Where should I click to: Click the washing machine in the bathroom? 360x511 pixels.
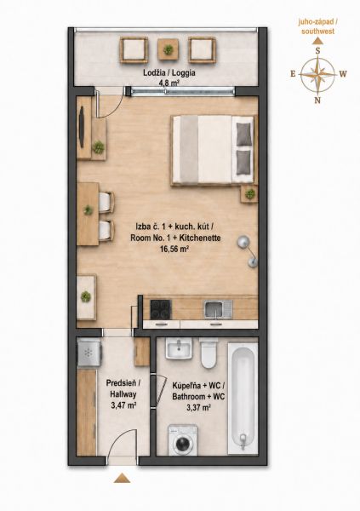point(182,439)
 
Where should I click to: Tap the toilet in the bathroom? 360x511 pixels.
point(209,353)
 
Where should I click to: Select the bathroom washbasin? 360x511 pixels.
point(179,348)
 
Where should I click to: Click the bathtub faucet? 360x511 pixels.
point(243,441)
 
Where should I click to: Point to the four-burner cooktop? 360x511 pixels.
point(160,309)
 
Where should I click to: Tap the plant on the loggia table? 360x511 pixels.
point(169,49)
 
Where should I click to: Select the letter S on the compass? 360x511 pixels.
point(318,50)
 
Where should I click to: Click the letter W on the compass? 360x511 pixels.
point(343,74)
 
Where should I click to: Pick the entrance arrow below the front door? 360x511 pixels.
point(123,478)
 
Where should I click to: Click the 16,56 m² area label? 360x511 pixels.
point(175,250)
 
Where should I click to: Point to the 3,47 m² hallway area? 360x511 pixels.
point(123,405)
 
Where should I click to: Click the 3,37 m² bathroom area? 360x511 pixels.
point(198,407)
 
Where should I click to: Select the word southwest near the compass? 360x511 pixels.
point(318,32)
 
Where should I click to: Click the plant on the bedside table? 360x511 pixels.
point(250,194)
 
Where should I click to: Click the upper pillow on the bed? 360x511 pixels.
point(244,134)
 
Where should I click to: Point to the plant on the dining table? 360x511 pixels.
point(88,210)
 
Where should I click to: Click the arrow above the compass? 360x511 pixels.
point(317,41)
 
